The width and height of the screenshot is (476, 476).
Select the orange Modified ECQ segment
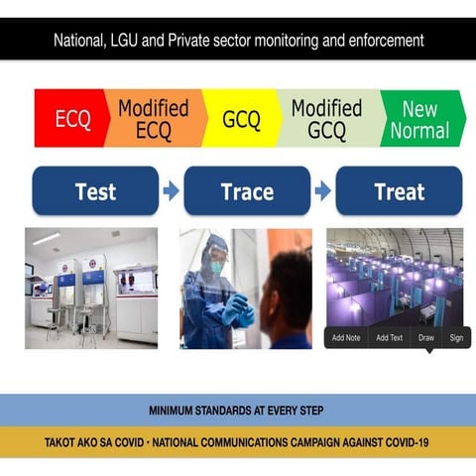[154, 119]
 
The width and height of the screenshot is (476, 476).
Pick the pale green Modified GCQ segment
[325, 119]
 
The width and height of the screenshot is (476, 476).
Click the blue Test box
[95, 191]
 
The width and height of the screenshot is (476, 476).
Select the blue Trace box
[247, 191]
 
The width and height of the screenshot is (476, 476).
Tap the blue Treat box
[399, 191]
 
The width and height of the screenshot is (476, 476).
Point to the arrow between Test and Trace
[172, 191]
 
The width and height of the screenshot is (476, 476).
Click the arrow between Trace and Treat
[322, 191]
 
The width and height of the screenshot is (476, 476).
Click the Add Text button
[389, 338]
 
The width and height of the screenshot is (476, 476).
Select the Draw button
[426, 338]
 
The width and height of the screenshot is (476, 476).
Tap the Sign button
[456, 338]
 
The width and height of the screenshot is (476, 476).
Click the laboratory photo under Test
[91, 288]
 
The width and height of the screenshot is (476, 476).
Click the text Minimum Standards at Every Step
[236, 410]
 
